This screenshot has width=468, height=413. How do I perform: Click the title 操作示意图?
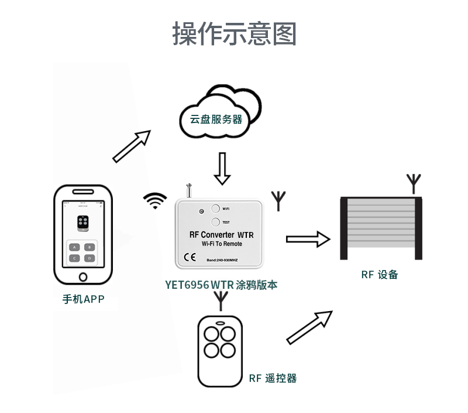pos(234,33)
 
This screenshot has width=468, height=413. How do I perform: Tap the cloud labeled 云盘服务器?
pos(217,115)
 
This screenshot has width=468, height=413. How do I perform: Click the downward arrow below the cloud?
pos(222,168)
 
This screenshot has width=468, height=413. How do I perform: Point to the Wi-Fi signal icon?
pos(155,201)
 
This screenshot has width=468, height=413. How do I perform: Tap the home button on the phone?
pos(82,275)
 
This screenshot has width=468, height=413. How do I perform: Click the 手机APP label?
pos(83,299)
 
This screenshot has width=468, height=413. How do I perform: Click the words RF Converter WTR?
pos(221,234)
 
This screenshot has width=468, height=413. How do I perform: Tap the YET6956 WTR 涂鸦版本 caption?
pos(221,285)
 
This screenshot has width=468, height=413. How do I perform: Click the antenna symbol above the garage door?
pos(414,183)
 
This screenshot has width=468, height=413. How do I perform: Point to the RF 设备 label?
pos(380,274)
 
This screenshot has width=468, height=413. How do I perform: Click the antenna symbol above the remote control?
pos(221,301)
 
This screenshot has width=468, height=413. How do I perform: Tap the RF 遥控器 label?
pos(273,378)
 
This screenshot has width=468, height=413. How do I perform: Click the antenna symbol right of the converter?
pos(278,200)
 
